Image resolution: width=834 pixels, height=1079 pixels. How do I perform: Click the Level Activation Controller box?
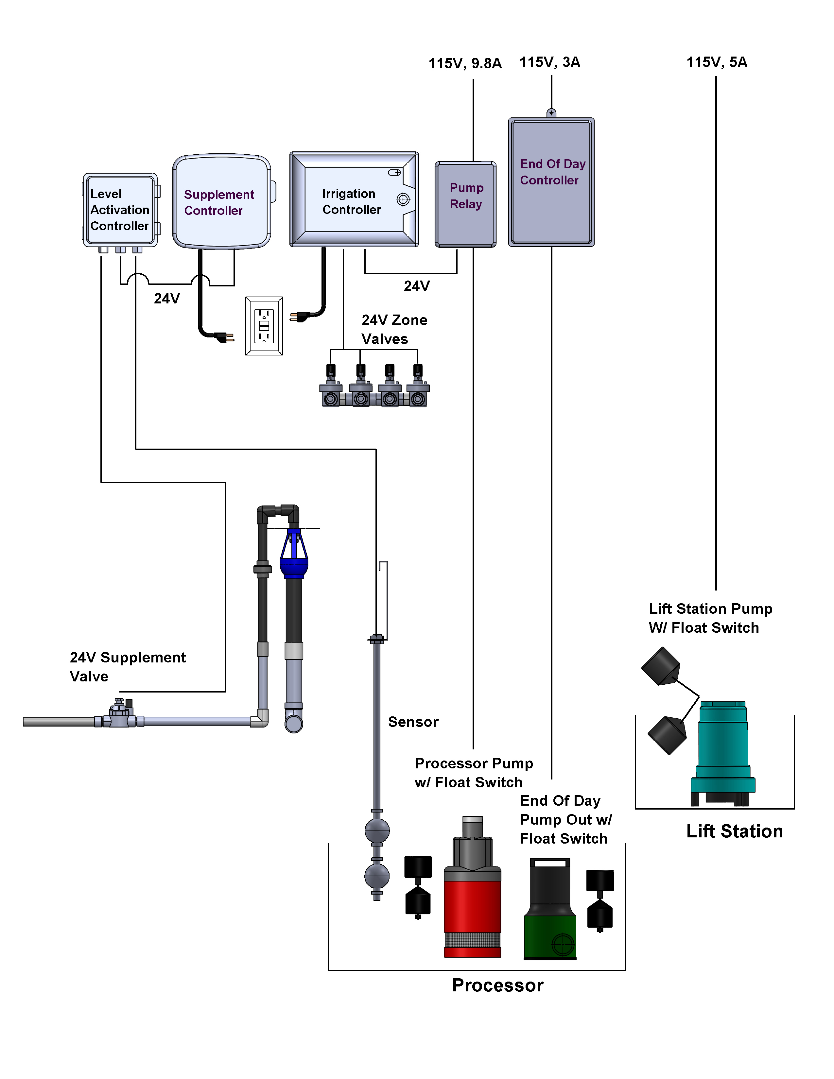[x=120, y=210]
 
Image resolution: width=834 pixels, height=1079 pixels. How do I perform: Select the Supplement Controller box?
[x=221, y=201]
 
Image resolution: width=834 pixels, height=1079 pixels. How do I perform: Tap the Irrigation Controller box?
[x=354, y=199]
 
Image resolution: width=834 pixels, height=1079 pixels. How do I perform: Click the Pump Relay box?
[x=465, y=204]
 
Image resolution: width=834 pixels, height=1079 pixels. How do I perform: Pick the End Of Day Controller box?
[x=551, y=182]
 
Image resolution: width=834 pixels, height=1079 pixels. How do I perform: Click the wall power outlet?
[x=264, y=326]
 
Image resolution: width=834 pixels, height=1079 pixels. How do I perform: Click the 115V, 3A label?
[x=550, y=62]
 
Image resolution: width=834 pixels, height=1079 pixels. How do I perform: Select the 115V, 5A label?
[x=717, y=62]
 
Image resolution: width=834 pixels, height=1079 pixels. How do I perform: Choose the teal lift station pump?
[x=723, y=751]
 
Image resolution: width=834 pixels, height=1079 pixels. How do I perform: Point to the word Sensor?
[x=413, y=722]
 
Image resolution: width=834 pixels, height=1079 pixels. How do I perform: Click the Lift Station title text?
[x=734, y=831]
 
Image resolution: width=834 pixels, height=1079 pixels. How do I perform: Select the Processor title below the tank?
[x=497, y=985]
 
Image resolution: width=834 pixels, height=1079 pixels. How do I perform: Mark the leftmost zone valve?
[x=331, y=388]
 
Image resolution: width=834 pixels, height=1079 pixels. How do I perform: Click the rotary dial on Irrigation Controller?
[x=403, y=199]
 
